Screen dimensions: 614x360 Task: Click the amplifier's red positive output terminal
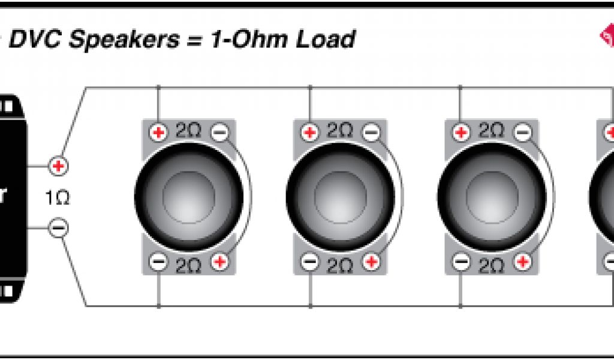(58, 166)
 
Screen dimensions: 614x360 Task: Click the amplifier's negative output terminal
(58, 228)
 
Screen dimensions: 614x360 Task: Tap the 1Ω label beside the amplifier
(58, 197)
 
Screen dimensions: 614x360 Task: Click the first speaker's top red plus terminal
(158, 132)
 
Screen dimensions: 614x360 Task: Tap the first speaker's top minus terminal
(220, 132)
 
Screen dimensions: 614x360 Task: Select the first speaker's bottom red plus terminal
(220, 262)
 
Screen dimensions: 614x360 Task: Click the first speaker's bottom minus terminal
(158, 262)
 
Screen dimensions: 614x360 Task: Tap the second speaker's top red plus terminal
(309, 132)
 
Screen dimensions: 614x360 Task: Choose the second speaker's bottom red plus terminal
(371, 262)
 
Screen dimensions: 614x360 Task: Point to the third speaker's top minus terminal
(523, 132)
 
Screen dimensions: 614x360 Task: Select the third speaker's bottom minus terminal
(460, 262)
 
